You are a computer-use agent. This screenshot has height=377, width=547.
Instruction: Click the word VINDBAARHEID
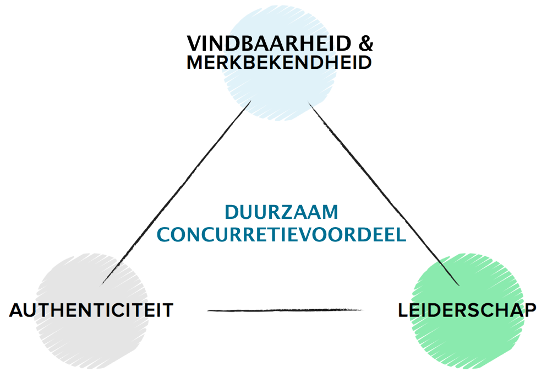[269, 44]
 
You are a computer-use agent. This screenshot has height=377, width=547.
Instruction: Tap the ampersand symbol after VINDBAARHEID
[365, 44]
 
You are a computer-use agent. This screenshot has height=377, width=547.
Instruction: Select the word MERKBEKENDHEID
[279, 62]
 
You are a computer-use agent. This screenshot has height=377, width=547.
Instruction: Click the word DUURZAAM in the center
[282, 212]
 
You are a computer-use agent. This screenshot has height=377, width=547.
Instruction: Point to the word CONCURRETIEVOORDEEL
[282, 234]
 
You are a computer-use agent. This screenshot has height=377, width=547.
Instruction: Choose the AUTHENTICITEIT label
[91, 310]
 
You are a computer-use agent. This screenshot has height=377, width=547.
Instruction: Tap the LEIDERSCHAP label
[467, 310]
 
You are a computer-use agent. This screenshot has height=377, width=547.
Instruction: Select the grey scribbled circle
[91, 310]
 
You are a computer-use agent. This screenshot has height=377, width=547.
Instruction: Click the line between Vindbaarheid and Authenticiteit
[176, 192]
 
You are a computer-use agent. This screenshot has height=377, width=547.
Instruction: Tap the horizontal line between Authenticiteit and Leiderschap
[285, 310]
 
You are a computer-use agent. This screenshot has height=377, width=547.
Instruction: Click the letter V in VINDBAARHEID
[195, 44]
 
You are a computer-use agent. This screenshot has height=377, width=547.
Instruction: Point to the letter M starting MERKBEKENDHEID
[196, 62]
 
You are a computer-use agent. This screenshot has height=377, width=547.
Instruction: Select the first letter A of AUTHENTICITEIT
[17, 310]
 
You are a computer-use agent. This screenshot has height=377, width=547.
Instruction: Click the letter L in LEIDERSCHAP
[403, 310]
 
